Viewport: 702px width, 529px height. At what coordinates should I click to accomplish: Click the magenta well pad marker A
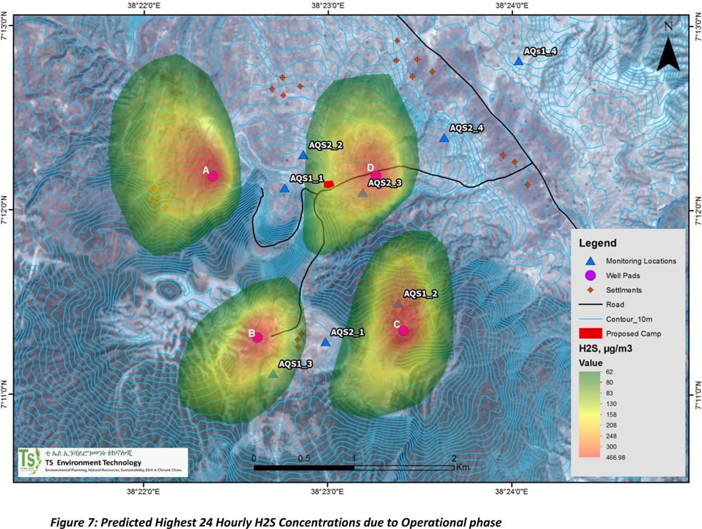point(213,176)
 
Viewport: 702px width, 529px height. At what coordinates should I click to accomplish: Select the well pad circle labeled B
point(258,337)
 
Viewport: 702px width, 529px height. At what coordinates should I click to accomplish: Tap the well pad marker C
point(403,331)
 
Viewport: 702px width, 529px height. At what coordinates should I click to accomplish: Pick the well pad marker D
point(376,175)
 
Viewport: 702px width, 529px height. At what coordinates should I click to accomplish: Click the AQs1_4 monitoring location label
point(541,51)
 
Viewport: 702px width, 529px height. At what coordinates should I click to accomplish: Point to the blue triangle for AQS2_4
point(444,138)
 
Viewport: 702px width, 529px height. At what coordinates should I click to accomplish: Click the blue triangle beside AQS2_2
point(303,155)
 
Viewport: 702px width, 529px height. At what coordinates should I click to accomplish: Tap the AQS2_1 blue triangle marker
point(325,343)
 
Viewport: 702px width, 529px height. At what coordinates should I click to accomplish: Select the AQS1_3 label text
point(296,363)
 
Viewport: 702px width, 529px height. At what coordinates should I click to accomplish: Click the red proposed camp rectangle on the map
point(329,184)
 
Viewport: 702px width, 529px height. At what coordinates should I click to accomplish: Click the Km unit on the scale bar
point(462,466)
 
